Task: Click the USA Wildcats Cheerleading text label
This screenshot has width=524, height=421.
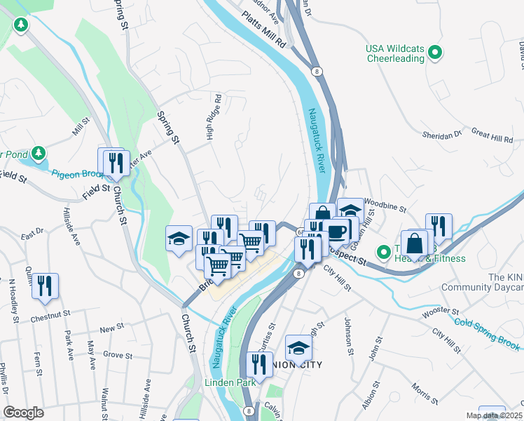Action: (x=396, y=53)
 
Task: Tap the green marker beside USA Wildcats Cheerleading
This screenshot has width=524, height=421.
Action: (x=435, y=52)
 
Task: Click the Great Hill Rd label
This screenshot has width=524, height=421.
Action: (x=493, y=134)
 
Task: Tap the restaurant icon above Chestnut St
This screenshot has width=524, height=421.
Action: (x=45, y=286)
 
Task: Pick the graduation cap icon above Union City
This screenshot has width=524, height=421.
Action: (x=298, y=347)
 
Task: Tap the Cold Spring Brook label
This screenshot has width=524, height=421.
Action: (x=488, y=333)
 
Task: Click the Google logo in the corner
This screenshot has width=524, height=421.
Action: (x=23, y=413)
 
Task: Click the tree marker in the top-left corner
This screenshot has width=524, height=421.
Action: (x=22, y=26)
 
